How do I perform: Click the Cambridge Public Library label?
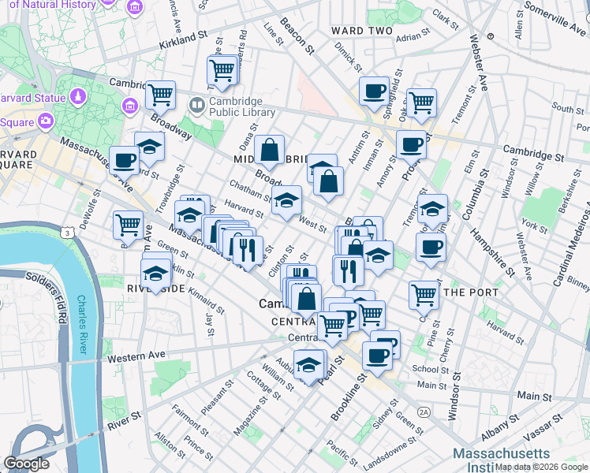(242, 106)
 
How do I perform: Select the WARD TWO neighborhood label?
(361, 31)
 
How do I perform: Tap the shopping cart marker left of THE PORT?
(424, 296)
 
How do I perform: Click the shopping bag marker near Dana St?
(269, 150)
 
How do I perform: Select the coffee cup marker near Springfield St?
(373, 90)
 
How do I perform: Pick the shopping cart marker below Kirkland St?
(222, 71)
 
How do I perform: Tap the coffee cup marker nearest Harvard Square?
(124, 160)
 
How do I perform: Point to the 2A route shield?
(424, 412)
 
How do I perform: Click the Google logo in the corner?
(26, 464)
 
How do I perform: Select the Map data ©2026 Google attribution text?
(541, 467)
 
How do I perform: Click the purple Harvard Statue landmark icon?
(78, 96)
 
